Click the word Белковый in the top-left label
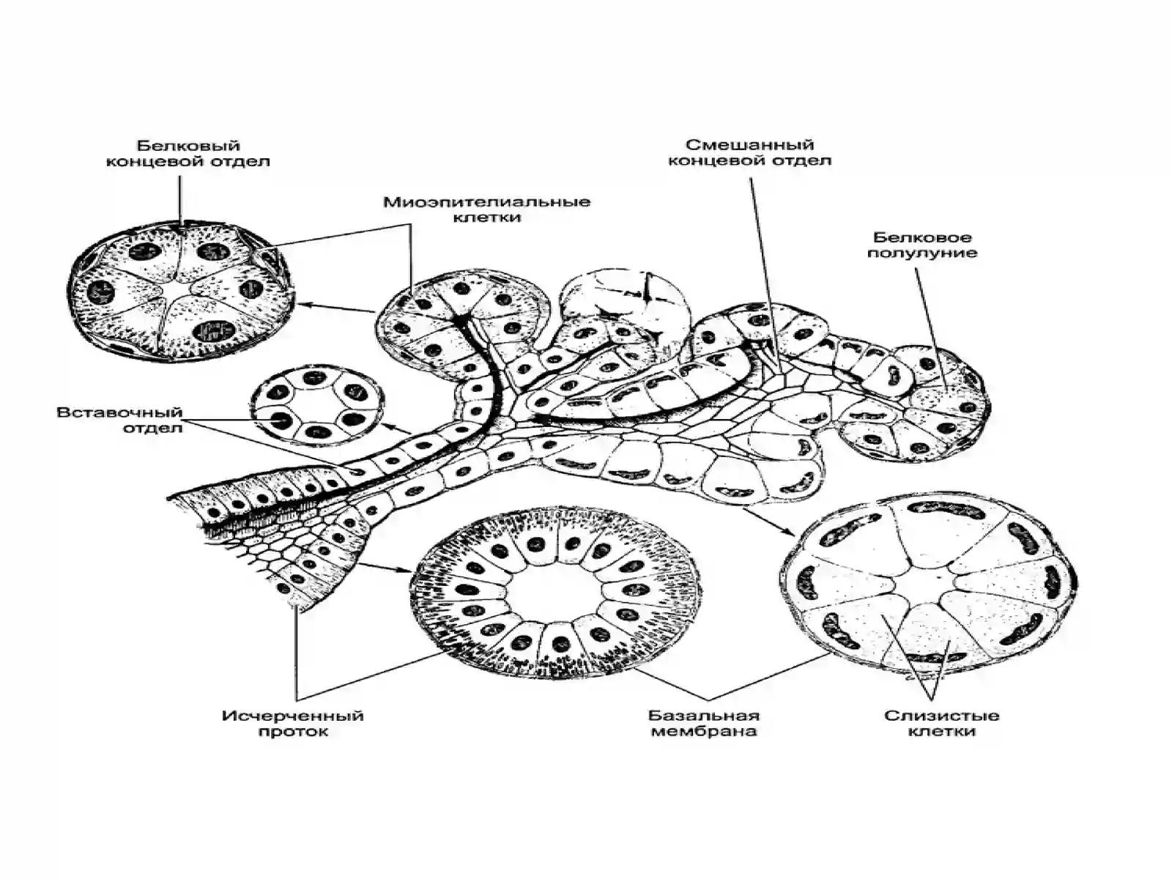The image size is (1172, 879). tap(188, 146)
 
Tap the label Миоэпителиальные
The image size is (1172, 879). tap(487, 202)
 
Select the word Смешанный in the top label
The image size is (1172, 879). tap(749, 144)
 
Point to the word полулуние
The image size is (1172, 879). tap(922, 253)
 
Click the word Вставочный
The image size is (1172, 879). tap(119, 412)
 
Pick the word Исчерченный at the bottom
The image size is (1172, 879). tap(292, 716)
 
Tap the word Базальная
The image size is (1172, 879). tap(704, 715)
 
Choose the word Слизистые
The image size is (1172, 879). tap(941, 715)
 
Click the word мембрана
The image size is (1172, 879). tap(704, 731)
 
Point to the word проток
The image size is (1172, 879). tap(293, 732)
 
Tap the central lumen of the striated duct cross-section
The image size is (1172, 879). tap(555, 589)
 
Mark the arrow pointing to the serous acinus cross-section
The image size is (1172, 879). tap(337, 308)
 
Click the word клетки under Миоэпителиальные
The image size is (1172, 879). tap(487, 218)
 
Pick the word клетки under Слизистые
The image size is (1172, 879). tap(942, 731)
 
